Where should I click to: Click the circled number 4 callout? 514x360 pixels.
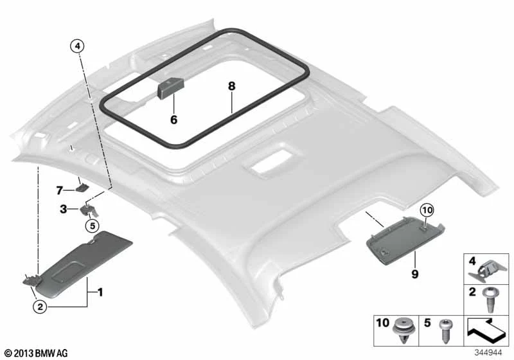coord(77,46)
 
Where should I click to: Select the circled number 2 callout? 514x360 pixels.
coord(40,307)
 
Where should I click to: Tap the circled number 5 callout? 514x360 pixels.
coord(92,226)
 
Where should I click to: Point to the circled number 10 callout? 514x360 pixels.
coord(427,210)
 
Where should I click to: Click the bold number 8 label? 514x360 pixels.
coord(232,86)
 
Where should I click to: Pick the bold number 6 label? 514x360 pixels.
coord(173,120)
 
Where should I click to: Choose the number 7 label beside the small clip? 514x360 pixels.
coord(59,190)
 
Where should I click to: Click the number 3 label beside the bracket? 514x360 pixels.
coord(63,209)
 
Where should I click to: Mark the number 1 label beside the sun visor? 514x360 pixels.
coord(101,292)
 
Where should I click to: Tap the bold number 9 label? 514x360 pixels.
coord(415,273)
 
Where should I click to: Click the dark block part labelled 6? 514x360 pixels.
coord(171,88)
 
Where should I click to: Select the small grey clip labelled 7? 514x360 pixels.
coord(82,188)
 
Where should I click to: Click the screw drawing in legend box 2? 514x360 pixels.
coord(490,300)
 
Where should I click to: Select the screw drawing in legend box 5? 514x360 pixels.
coord(445,331)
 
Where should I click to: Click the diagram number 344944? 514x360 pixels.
coord(488,353)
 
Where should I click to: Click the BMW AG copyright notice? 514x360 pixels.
coord(37,354)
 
